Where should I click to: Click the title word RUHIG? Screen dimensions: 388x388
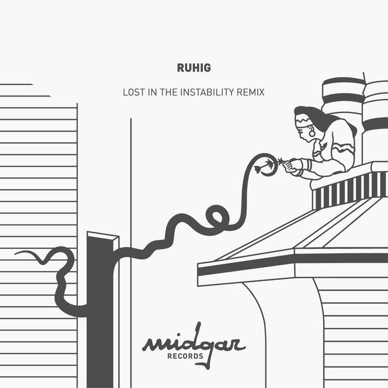tap(194, 68)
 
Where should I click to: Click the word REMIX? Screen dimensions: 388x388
tap(251, 93)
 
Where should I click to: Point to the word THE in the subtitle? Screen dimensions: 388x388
tap(169, 93)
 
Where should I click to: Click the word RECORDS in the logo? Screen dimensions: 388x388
tap(185, 356)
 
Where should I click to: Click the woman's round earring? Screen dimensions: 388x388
tap(312, 134)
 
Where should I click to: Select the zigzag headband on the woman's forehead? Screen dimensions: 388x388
tap(304, 121)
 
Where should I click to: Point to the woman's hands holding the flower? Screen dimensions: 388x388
tap(292, 166)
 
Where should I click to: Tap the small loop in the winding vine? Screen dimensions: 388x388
tap(217, 217)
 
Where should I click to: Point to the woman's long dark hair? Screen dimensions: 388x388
tap(321, 119)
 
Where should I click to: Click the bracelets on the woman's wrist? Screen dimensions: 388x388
tap(309, 165)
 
